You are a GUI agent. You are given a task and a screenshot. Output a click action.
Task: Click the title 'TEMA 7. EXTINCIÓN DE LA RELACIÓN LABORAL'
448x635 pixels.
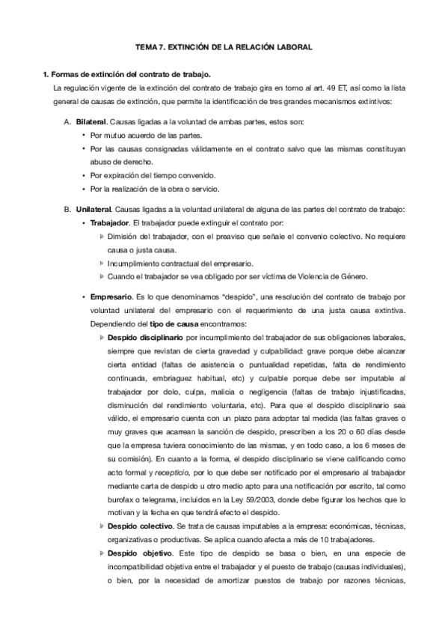(x=224, y=46)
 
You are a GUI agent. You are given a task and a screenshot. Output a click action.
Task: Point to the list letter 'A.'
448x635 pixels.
(x=69, y=122)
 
